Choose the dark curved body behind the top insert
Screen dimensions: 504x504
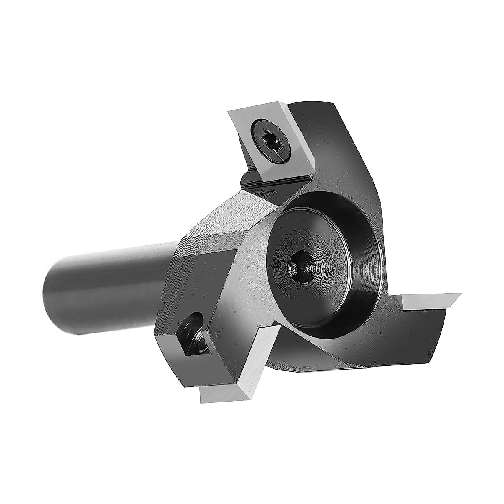(336, 139)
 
